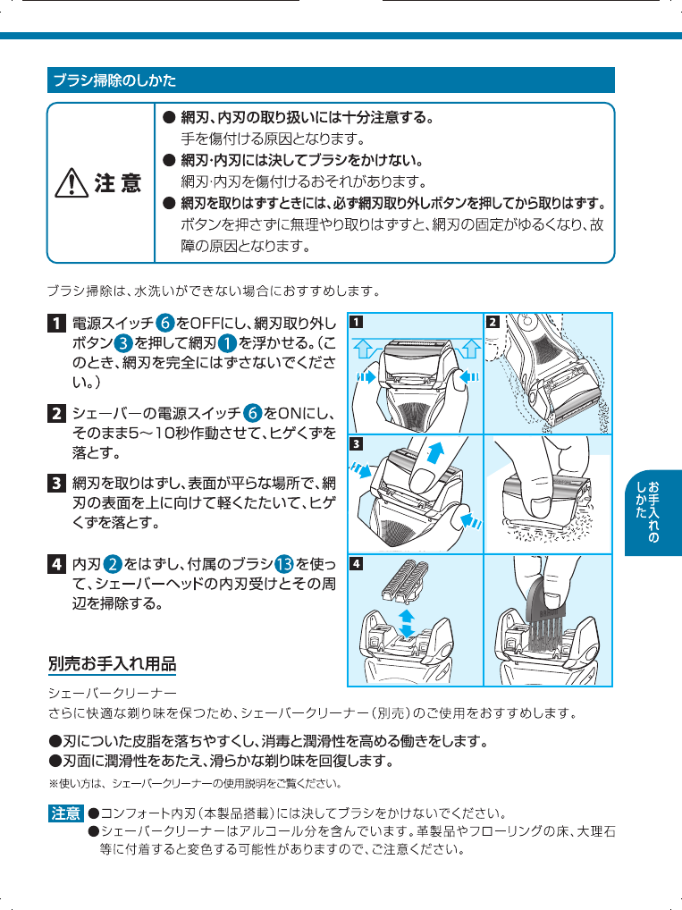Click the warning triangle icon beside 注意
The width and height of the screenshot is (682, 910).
[72, 183]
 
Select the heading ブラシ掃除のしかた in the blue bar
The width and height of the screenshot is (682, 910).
[115, 80]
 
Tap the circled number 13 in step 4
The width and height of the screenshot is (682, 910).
[284, 564]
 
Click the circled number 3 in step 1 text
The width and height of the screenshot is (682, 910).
[123, 343]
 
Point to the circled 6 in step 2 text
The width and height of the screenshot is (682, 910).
[252, 413]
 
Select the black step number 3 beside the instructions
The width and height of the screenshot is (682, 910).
[55, 483]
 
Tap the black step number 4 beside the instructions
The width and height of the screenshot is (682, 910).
[55, 564]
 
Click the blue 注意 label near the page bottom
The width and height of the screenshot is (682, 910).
[65, 813]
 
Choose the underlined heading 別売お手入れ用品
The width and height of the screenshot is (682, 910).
[112, 664]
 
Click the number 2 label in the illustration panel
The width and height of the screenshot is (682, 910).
[493, 322]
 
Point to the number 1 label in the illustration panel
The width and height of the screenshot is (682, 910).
[356, 322]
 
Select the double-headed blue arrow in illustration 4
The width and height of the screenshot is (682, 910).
[407, 623]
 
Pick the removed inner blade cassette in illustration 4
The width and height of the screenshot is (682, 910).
[405, 580]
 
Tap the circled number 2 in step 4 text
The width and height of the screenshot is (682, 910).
[113, 564]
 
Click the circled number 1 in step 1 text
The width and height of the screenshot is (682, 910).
[227, 343]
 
